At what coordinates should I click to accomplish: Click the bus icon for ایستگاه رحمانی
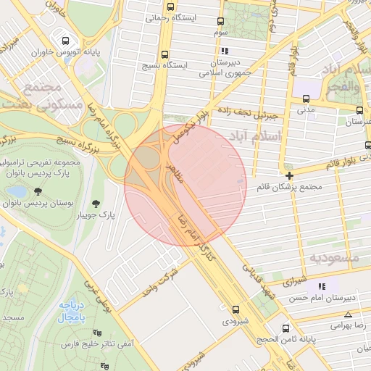pos(170,7)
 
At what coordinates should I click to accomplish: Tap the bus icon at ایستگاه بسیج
pos(165,54)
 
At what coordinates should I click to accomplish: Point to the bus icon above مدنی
pos(305,99)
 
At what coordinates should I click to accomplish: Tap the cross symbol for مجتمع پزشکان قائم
pos(290,175)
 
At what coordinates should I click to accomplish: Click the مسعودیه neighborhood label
pos(334,257)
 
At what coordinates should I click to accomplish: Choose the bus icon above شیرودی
pos(226,308)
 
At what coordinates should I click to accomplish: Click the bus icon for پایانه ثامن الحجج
pos(285,328)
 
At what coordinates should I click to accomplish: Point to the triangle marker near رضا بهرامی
pos(349,314)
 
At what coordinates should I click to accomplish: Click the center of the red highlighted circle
pos(185,185)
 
